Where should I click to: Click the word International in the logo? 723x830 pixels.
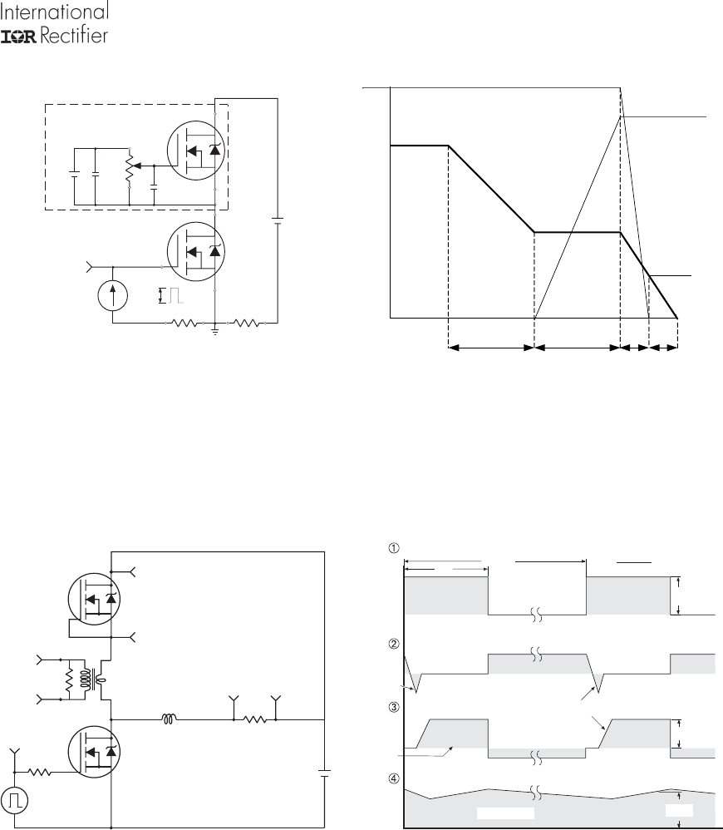[x=55, y=11]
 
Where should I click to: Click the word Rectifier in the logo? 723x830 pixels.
[x=74, y=36]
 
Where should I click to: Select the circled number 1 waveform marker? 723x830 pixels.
[x=394, y=548]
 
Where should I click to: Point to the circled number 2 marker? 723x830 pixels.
[x=394, y=645]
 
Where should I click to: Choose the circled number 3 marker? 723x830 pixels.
[x=394, y=707]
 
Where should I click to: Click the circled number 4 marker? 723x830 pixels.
[x=394, y=778]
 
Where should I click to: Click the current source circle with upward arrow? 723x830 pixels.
[x=113, y=295]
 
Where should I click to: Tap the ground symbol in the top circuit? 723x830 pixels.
[x=215, y=331]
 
